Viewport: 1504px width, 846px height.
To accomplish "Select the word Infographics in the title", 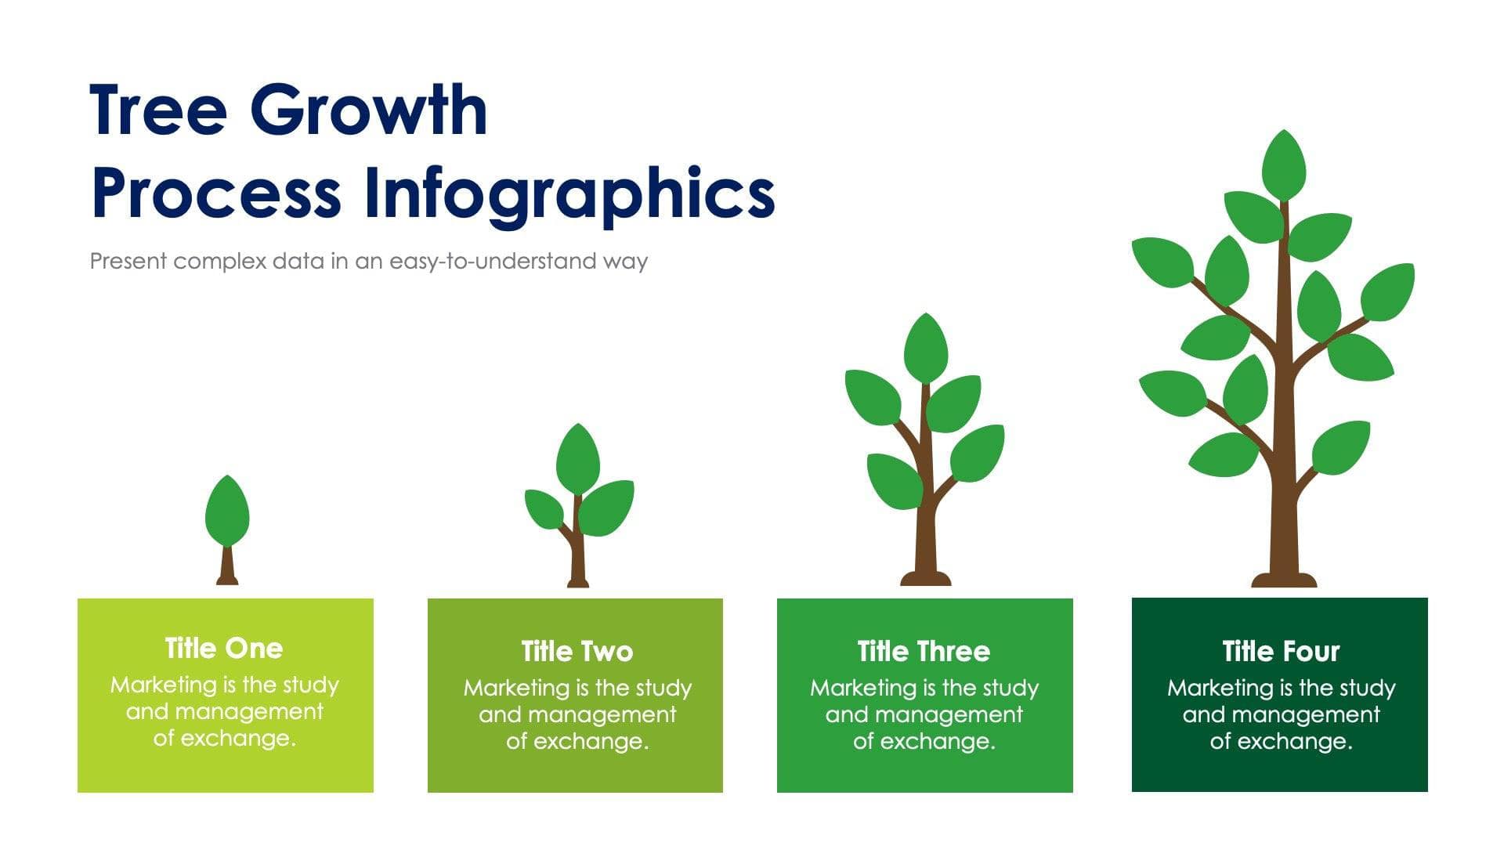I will (x=570, y=193).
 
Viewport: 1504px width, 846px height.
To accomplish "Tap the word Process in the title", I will (x=216, y=193).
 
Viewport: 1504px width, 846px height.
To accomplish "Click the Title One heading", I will (x=224, y=649).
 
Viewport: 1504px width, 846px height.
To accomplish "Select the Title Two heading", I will (x=577, y=652).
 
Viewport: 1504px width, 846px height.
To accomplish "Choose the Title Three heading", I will (x=924, y=652).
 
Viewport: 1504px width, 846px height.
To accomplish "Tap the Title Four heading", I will (x=1281, y=652).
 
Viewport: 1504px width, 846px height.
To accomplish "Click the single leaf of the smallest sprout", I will (x=227, y=513).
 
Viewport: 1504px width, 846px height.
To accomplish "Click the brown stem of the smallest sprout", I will (x=227, y=568).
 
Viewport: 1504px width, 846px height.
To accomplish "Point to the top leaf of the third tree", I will (x=926, y=349).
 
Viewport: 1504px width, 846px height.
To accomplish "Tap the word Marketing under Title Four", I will (x=1219, y=689).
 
